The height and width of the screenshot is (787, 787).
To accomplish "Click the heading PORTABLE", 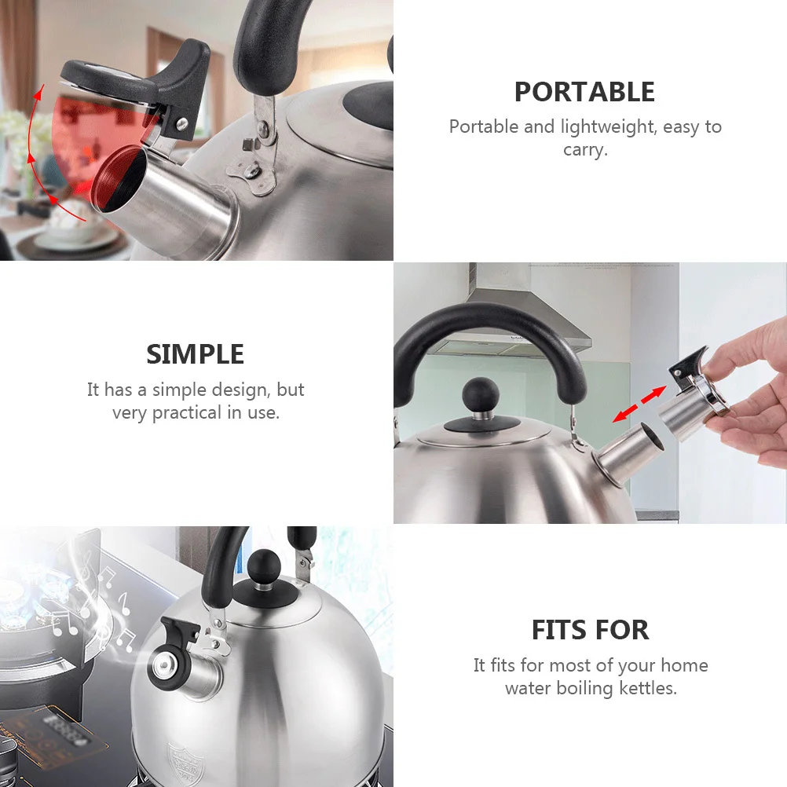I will [584, 92].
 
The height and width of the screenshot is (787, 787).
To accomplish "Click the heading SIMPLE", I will [195, 354].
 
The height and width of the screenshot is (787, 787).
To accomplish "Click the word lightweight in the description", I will [608, 126].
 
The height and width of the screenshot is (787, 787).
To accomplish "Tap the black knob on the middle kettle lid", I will [481, 393].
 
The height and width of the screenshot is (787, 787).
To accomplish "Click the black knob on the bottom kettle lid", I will [265, 566].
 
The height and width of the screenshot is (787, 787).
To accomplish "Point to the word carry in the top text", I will [584, 149].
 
